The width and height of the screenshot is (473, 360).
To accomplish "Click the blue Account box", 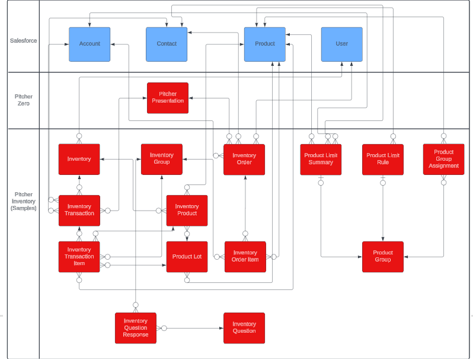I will (x=90, y=44).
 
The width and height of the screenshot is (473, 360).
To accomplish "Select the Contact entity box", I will (x=167, y=44).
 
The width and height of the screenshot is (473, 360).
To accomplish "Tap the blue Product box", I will (x=264, y=44).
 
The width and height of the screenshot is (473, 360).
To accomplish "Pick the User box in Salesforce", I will (x=341, y=44).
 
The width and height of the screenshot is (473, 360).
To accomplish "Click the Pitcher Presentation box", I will (x=168, y=98).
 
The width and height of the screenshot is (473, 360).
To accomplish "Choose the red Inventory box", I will (x=79, y=159).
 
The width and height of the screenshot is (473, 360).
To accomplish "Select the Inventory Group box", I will (x=161, y=159).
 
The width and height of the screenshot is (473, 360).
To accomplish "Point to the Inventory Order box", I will (x=244, y=159).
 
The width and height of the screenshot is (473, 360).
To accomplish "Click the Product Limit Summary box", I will (x=321, y=159).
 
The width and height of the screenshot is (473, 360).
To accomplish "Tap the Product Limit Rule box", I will (x=383, y=159).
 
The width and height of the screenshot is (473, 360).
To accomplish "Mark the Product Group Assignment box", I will (x=443, y=159).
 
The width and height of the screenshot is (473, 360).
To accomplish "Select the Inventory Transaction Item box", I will (x=79, y=257).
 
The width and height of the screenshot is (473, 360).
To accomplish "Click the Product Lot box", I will (x=187, y=257).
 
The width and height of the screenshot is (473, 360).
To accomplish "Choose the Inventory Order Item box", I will (x=245, y=257).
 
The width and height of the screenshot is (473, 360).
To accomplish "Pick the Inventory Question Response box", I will (x=136, y=328).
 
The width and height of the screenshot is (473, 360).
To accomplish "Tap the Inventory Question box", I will (x=244, y=328).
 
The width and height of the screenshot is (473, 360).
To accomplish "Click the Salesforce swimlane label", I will (x=23, y=41).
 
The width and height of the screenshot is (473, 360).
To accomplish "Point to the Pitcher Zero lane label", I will (x=24, y=100).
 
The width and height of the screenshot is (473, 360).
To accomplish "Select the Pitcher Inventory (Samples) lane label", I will (x=24, y=202).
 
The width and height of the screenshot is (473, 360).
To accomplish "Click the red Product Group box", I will (x=383, y=257).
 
